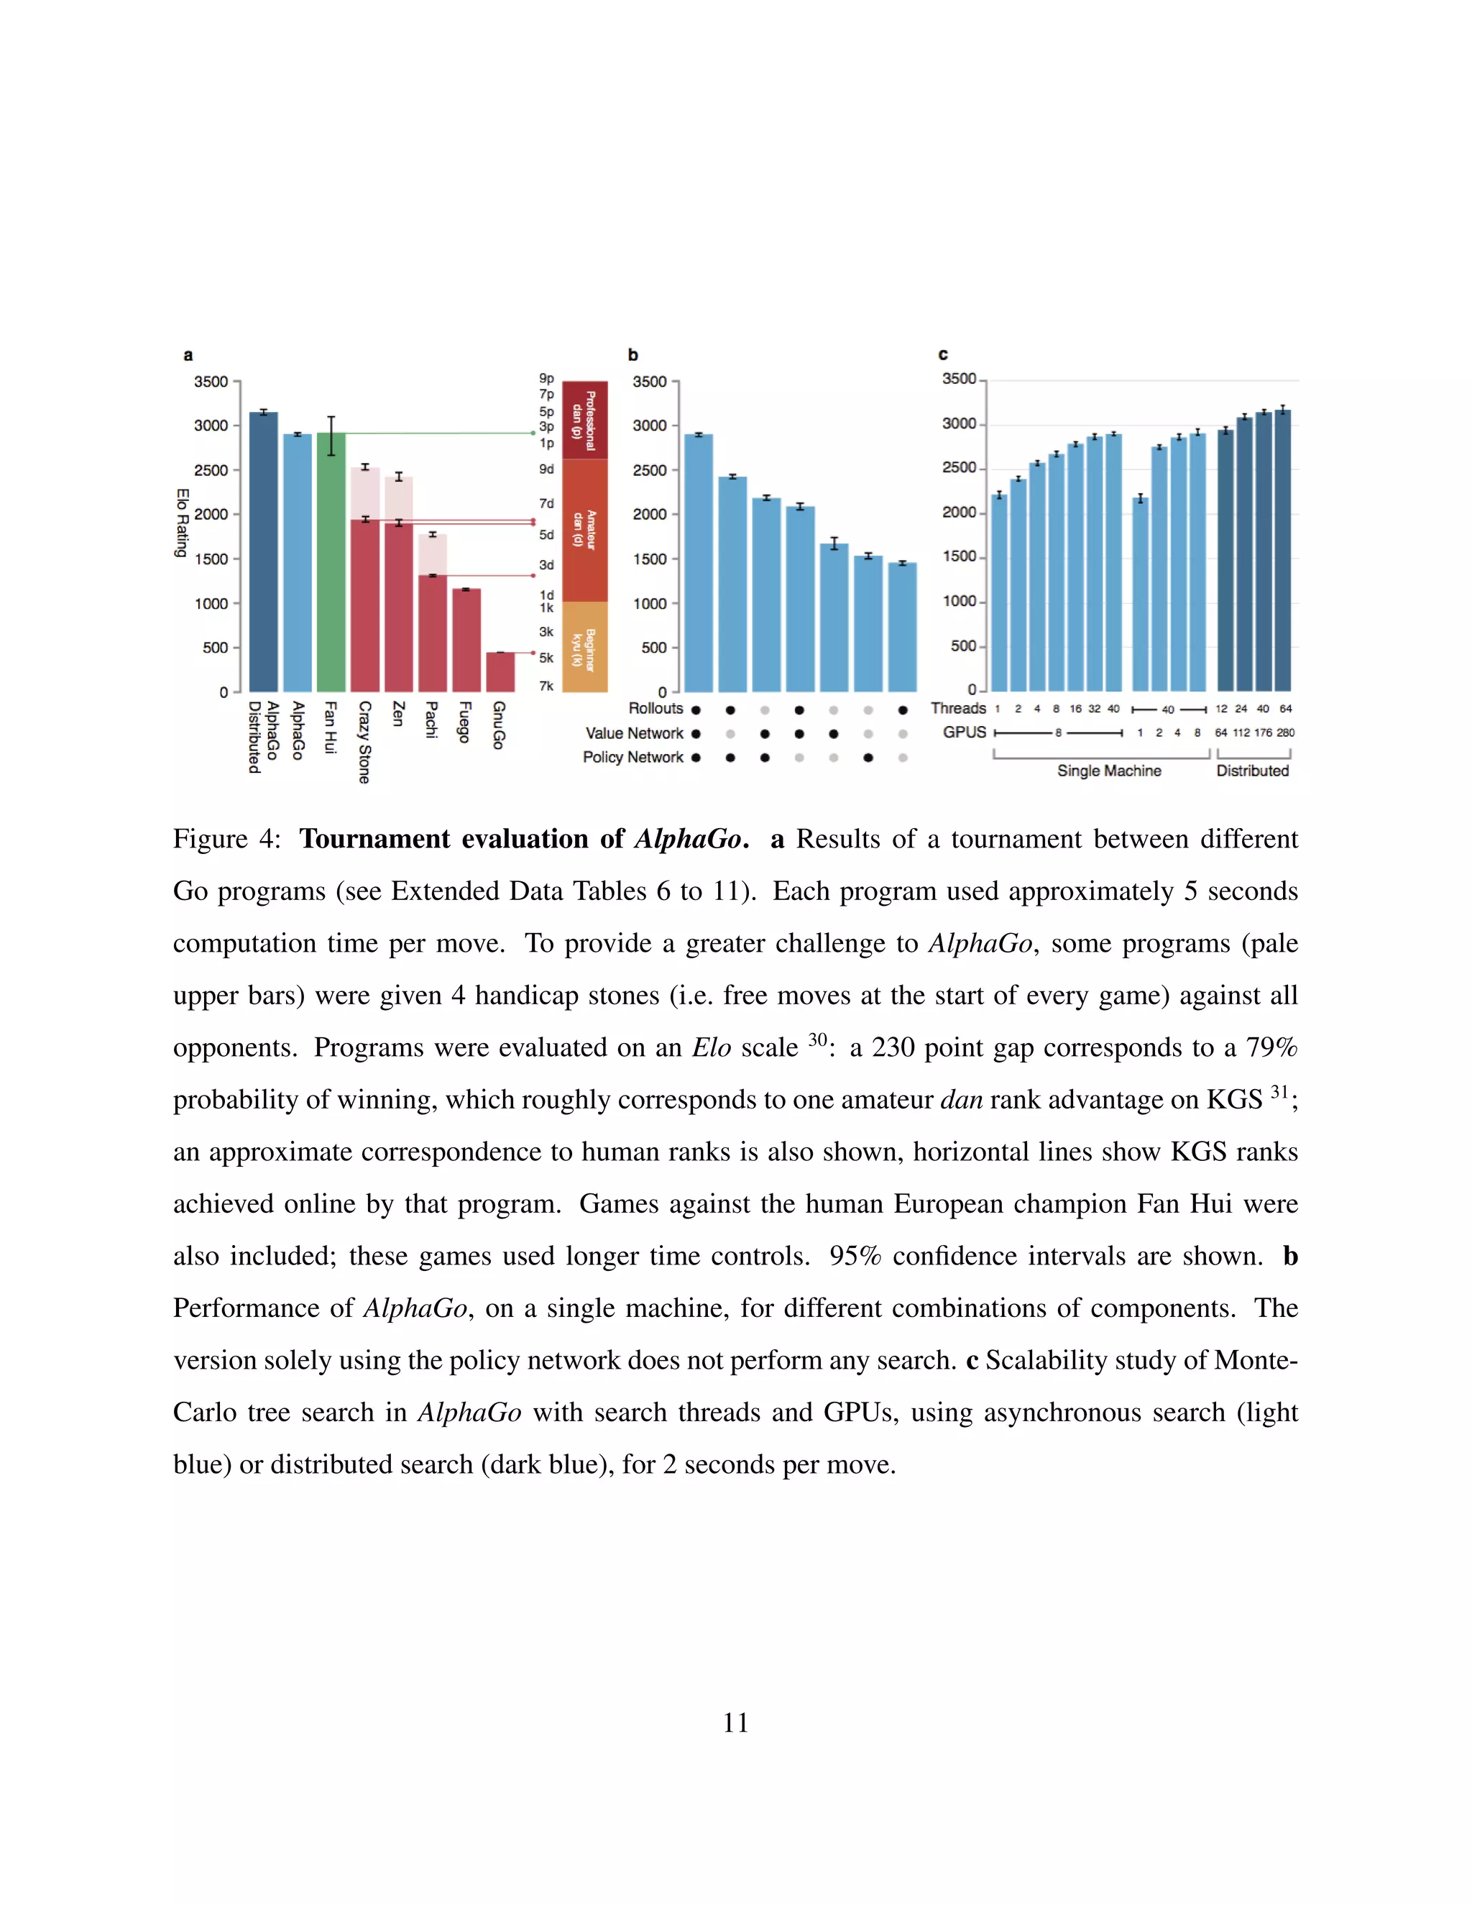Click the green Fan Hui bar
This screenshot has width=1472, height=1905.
click(331, 563)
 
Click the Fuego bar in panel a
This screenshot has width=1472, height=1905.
click(466, 641)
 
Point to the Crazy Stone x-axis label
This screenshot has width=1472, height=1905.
click(364, 741)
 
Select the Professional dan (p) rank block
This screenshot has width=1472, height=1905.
click(584, 421)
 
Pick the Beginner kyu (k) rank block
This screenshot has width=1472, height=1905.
click(584, 647)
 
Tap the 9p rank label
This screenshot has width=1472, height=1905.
click(547, 379)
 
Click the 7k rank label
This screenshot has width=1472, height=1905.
click(547, 686)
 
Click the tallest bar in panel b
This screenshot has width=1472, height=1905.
click(699, 563)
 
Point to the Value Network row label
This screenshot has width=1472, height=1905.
click(634, 733)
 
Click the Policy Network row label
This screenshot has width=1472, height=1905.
click(633, 757)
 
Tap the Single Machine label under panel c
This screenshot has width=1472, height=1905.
click(1108, 771)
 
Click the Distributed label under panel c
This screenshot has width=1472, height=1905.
click(1252, 771)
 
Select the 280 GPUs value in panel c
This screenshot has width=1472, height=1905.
click(1285, 733)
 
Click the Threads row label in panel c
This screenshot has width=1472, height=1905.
click(957, 708)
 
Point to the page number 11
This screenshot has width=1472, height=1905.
click(735, 1722)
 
